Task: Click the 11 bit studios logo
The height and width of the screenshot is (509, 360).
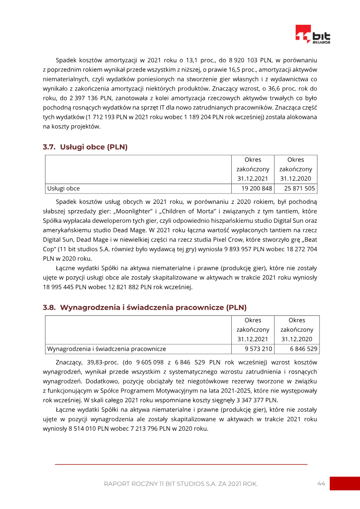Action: pos(312,34)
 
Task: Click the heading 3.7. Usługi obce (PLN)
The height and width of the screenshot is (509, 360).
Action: pos(85,147)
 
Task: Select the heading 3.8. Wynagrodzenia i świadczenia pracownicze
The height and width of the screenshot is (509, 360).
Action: pos(144,307)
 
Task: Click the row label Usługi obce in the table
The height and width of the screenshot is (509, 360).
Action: pos(63,189)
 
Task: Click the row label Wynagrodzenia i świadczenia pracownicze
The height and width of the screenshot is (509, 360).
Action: pos(107,349)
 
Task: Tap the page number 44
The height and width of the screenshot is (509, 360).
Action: pos(321,483)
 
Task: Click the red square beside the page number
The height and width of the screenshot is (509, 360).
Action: pos(345,483)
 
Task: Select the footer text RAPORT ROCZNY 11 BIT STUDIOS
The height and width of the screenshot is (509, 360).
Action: pos(180,484)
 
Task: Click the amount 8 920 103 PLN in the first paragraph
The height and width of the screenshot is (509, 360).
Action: pos(249,59)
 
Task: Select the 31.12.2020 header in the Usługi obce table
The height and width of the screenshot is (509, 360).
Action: pos(296,179)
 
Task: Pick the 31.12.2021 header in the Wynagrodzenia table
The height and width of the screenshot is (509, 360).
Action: pos(253,339)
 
